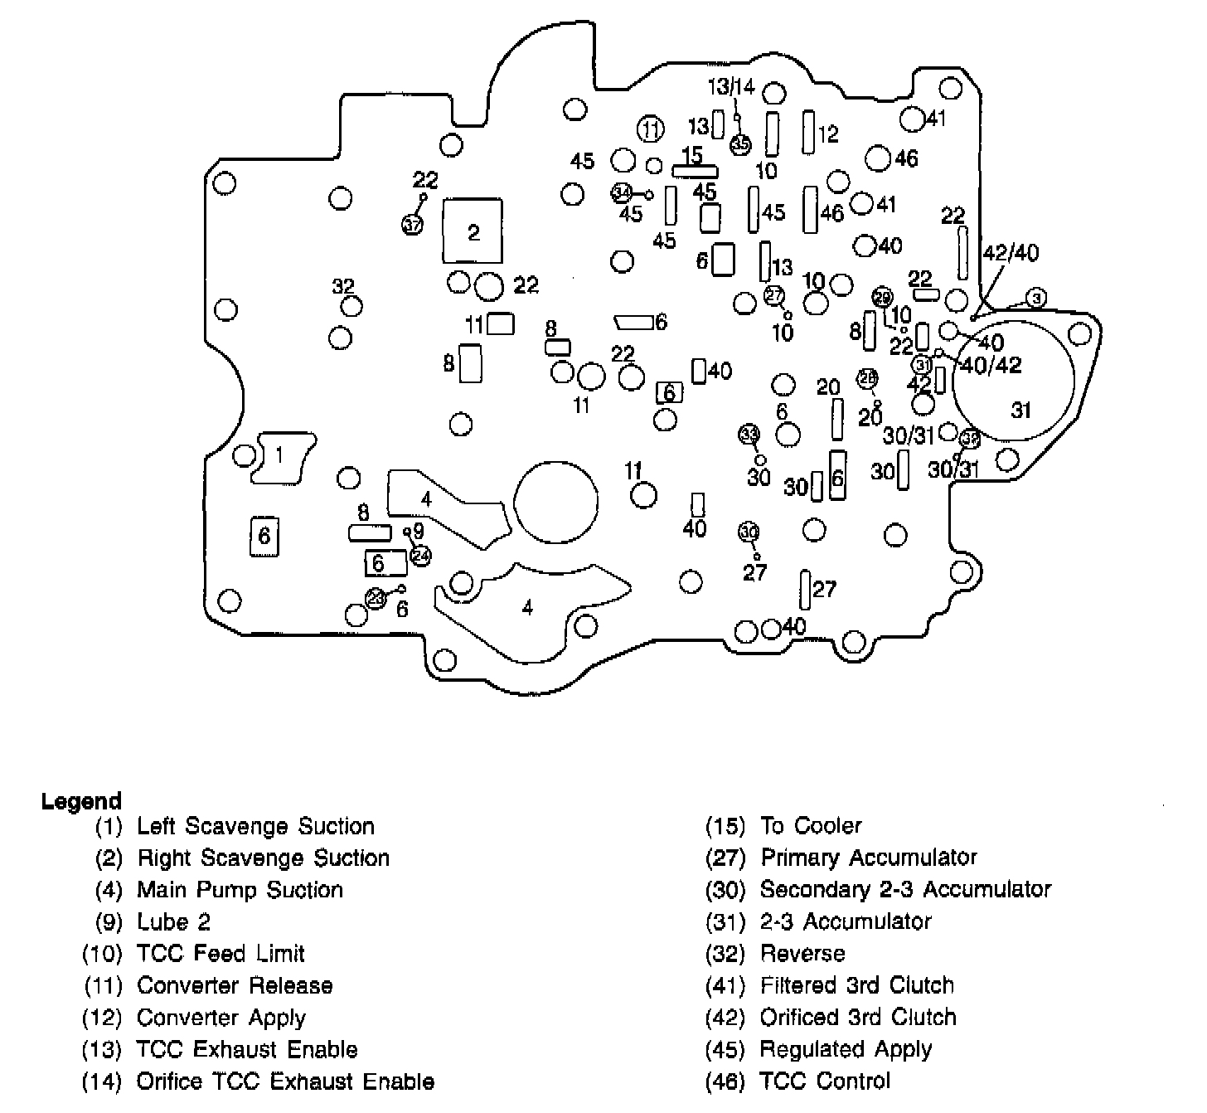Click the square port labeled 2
tap(473, 231)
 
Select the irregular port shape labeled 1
tap(283, 456)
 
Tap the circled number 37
tap(412, 224)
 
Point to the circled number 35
tap(740, 144)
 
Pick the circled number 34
tap(622, 193)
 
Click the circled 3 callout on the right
tap(1036, 297)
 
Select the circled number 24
tap(421, 555)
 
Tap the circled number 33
tap(749, 434)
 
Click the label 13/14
tap(731, 86)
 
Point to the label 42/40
tap(1010, 253)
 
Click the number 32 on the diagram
tap(343, 286)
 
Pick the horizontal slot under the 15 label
tap(695, 170)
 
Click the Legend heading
tap(81, 801)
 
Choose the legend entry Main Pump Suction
tap(240, 890)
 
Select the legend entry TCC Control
tap(825, 1081)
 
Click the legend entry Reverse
tap(802, 954)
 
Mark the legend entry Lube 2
tap(173, 921)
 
